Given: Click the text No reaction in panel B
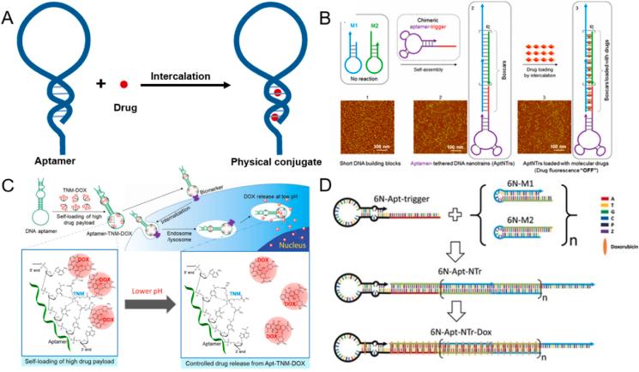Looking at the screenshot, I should tap(367, 91).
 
